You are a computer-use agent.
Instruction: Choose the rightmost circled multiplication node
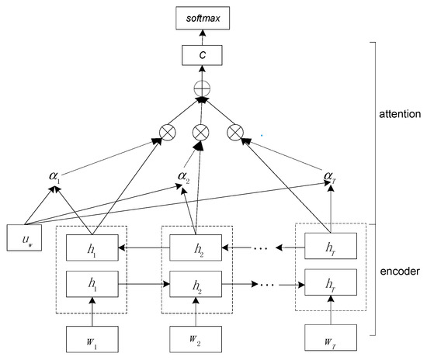point(235,131)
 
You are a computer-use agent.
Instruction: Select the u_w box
point(23,239)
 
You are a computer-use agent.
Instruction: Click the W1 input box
point(92,339)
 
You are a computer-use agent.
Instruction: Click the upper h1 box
point(92,252)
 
